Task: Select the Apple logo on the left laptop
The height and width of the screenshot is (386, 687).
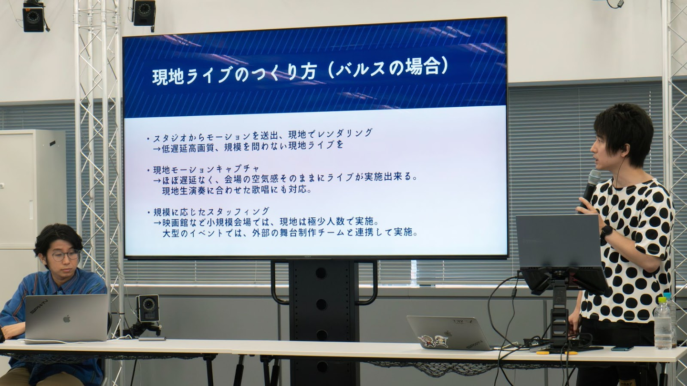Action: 67,319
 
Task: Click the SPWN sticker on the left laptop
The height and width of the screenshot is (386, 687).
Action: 39,306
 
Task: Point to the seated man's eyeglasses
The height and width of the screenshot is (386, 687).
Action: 66,255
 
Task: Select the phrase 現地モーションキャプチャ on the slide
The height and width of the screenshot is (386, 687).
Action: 207,169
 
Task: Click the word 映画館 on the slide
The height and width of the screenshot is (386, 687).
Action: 176,222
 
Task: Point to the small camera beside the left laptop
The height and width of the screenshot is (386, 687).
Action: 148,308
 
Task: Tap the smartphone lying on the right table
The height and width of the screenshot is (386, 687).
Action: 622,349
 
